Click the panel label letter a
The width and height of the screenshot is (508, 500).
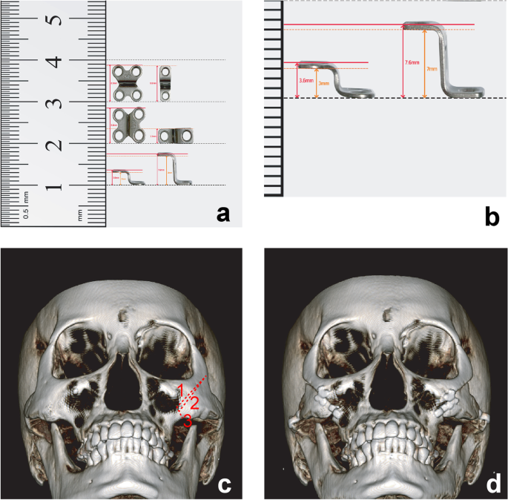[222, 215]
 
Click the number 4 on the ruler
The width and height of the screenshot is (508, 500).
[53, 61]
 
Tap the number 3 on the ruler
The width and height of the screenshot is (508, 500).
[53, 102]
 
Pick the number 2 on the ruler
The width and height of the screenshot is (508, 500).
[53, 145]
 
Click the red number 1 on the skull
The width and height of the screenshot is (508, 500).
[180, 389]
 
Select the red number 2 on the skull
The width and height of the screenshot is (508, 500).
[194, 404]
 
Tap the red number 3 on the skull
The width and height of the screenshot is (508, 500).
[188, 421]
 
